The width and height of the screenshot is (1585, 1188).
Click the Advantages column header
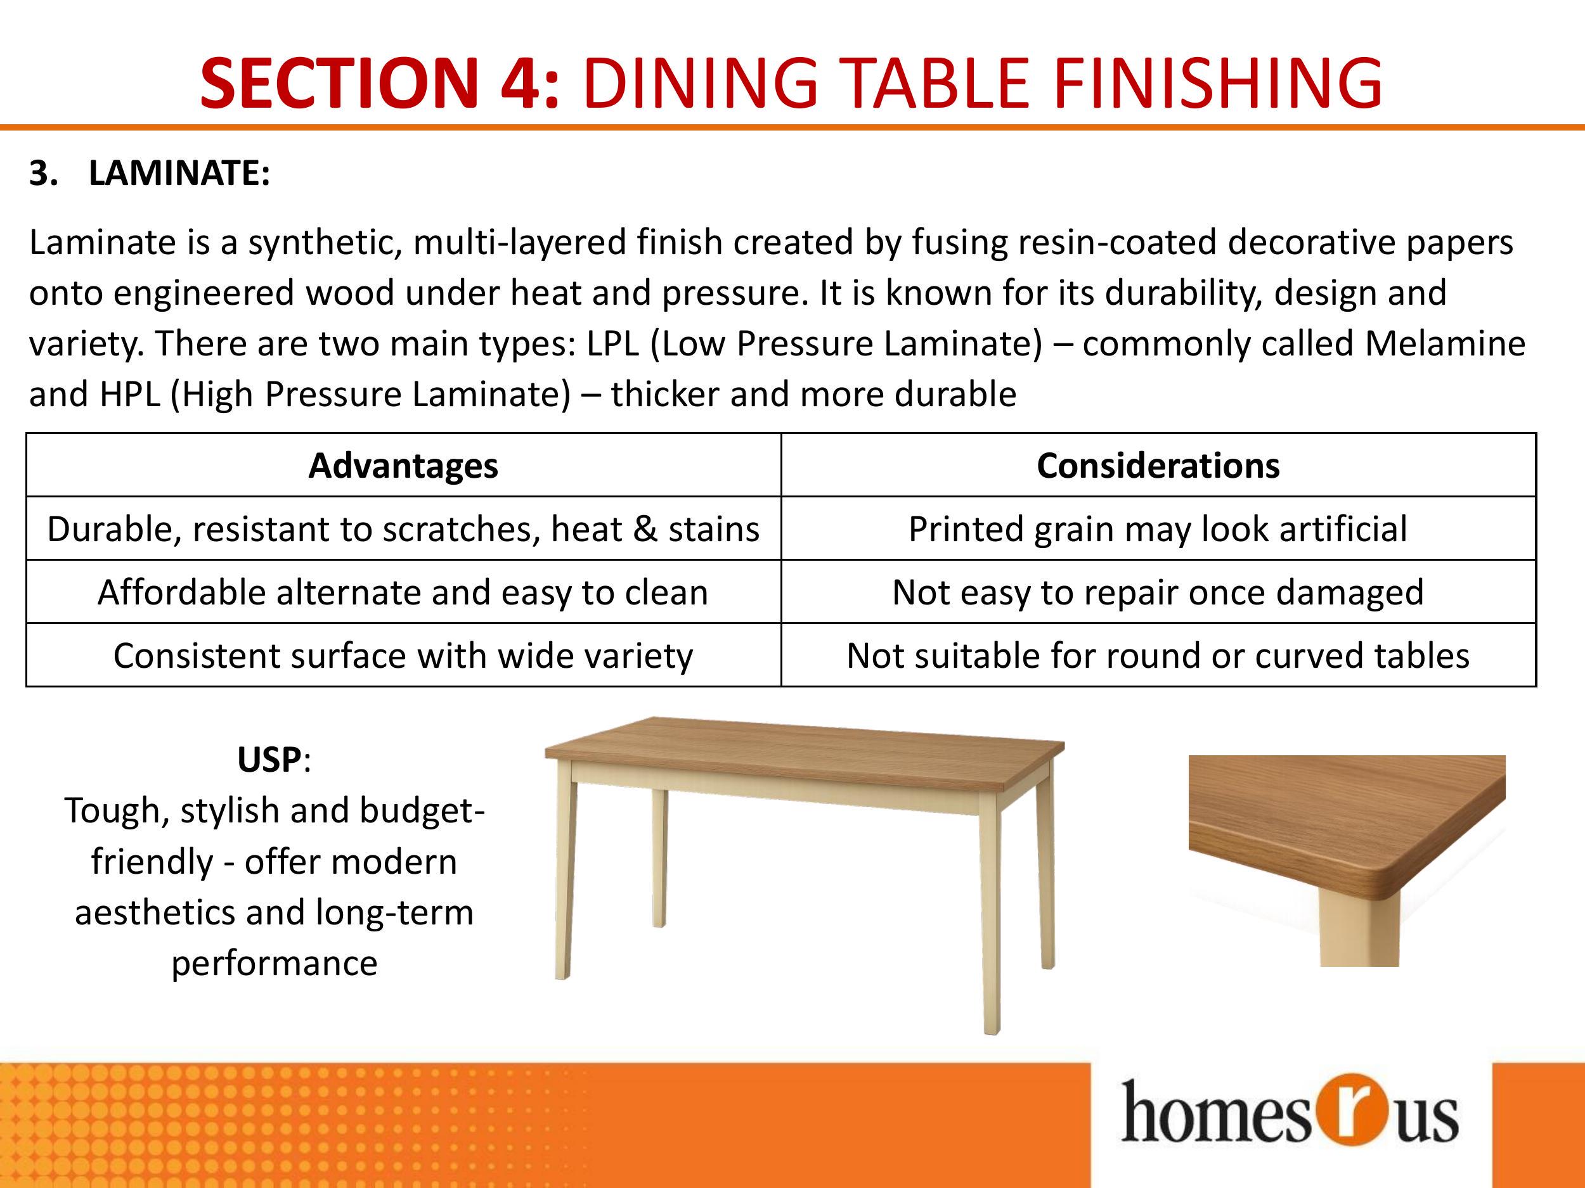tap(403, 466)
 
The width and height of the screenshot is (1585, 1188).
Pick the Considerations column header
tap(1158, 466)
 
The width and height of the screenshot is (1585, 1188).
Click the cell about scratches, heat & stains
tap(403, 529)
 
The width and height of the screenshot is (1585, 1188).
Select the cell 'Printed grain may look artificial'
tap(1158, 529)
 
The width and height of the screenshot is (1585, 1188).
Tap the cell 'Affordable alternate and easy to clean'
tap(403, 592)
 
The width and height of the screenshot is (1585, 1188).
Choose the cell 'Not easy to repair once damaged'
tap(1158, 592)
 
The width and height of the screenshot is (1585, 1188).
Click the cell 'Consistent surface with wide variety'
tap(403, 655)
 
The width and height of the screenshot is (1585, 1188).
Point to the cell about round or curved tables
tap(1158, 655)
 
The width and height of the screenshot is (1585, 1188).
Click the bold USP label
tap(269, 760)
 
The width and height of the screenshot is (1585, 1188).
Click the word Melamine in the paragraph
tap(1444, 343)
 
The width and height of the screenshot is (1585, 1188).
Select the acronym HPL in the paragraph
tap(131, 395)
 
